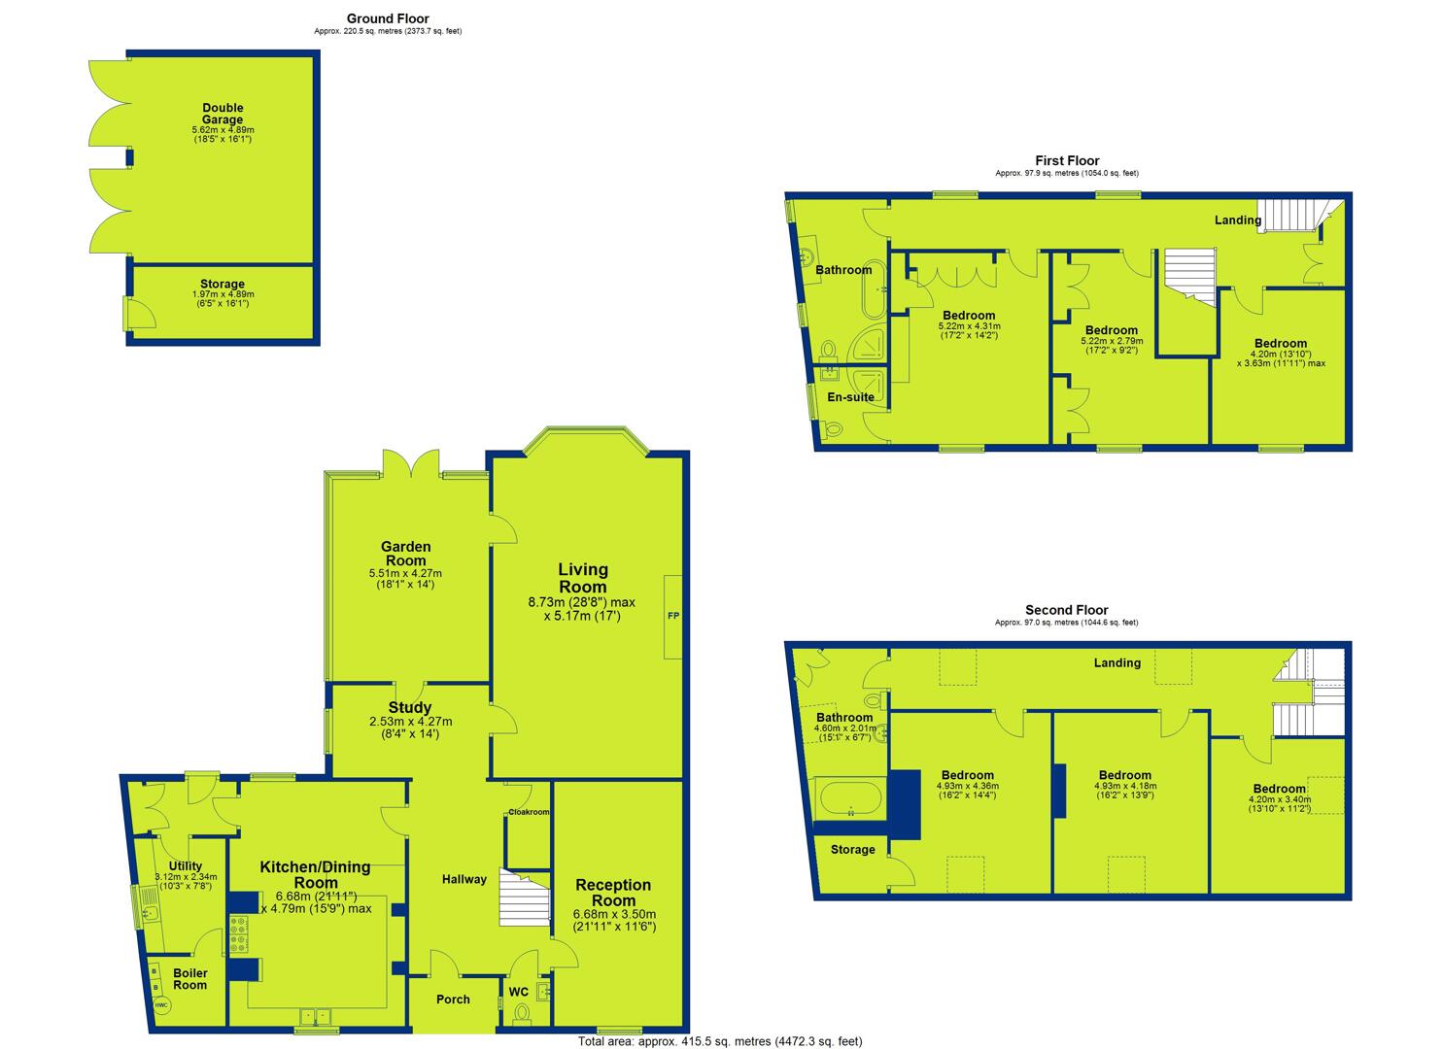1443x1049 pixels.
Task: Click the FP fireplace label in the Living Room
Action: coord(673,616)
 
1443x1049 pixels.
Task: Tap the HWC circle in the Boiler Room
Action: coord(161,1005)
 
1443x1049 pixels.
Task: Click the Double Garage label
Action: coord(223,114)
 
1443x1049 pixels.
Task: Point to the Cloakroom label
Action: coord(529,812)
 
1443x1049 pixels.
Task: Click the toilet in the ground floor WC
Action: coord(522,1013)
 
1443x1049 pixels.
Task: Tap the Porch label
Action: coord(453,999)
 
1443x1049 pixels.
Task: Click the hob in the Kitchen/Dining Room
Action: coord(238,934)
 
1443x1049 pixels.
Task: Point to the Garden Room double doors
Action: coord(411,463)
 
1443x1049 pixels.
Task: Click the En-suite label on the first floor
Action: coord(850,397)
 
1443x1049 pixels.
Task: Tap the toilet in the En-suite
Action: coord(833,428)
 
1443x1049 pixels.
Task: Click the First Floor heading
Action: coord(1067,160)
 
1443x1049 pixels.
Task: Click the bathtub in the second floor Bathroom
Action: coord(850,799)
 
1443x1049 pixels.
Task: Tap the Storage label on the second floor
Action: coord(852,849)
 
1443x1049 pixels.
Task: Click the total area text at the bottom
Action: coord(720,1041)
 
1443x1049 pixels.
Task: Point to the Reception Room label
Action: coord(613,893)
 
